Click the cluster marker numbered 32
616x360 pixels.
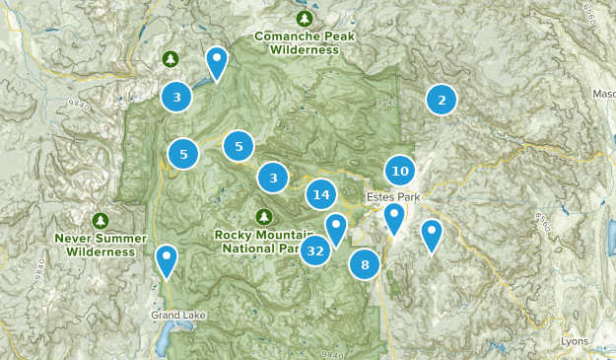coord(315,252)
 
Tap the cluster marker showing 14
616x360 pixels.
coord(321,194)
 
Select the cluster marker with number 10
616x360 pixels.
coord(399,171)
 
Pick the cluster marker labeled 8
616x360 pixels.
coord(365,264)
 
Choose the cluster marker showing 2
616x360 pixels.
coord(442,99)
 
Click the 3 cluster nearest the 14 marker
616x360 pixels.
coord(273,178)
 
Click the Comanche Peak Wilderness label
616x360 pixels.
coord(304,41)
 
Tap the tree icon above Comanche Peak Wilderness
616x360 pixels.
coord(304,18)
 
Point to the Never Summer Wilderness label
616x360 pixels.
coord(95,245)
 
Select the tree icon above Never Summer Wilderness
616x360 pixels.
coord(99,220)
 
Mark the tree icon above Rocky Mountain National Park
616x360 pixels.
coord(263,216)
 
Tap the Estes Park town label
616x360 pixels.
coord(392,197)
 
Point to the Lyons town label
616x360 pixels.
coord(574,341)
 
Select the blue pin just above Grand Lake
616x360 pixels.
coord(168,260)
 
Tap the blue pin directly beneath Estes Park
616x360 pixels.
coord(395,217)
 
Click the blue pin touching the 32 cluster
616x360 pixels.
coord(337,229)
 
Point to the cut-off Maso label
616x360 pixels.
coord(602,94)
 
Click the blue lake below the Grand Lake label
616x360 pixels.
coord(164,337)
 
